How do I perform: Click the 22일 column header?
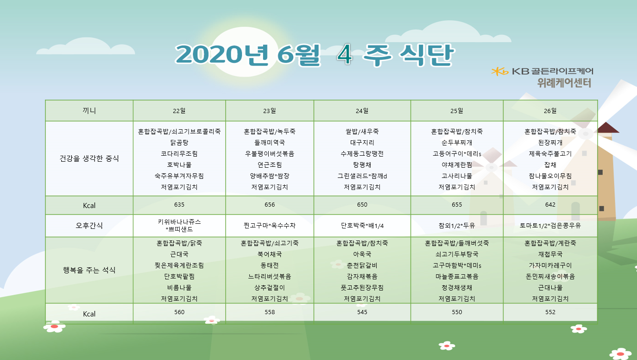179,111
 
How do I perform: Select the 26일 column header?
550,111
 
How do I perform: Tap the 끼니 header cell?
89,111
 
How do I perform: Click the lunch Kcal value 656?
270,205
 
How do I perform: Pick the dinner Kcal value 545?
362,312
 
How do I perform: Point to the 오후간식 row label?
89,226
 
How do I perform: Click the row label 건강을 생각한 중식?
89,158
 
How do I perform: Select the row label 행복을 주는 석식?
89,270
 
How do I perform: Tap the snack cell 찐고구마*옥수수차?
270,226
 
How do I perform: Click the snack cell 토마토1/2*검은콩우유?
550,226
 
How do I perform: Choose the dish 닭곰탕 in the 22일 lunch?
179,142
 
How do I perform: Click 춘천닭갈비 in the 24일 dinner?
362,265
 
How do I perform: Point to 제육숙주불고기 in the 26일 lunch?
550,153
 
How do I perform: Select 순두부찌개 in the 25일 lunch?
457,142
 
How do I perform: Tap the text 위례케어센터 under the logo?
564,83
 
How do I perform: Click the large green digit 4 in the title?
345,55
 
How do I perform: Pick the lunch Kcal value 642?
550,205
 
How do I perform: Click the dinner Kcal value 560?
179,312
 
